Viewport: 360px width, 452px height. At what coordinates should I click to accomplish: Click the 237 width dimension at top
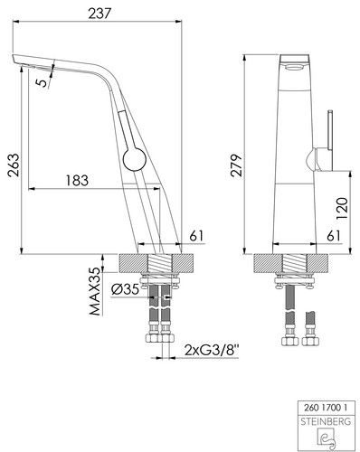(x=99, y=14)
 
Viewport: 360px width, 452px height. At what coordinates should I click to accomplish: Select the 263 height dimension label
(x=14, y=165)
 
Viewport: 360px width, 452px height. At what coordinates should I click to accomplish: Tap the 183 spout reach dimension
(x=77, y=180)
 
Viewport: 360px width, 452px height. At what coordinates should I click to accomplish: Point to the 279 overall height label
(x=236, y=165)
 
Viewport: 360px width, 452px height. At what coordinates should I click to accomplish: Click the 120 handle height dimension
(x=342, y=209)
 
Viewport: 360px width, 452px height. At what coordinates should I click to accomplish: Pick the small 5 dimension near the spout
(x=43, y=82)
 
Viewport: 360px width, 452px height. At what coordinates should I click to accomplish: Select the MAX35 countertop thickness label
(x=95, y=291)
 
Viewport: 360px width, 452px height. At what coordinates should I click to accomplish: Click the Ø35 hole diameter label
(x=125, y=289)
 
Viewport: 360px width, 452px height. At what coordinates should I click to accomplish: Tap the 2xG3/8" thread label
(x=212, y=351)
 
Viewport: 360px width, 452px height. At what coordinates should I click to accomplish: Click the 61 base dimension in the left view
(x=196, y=235)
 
